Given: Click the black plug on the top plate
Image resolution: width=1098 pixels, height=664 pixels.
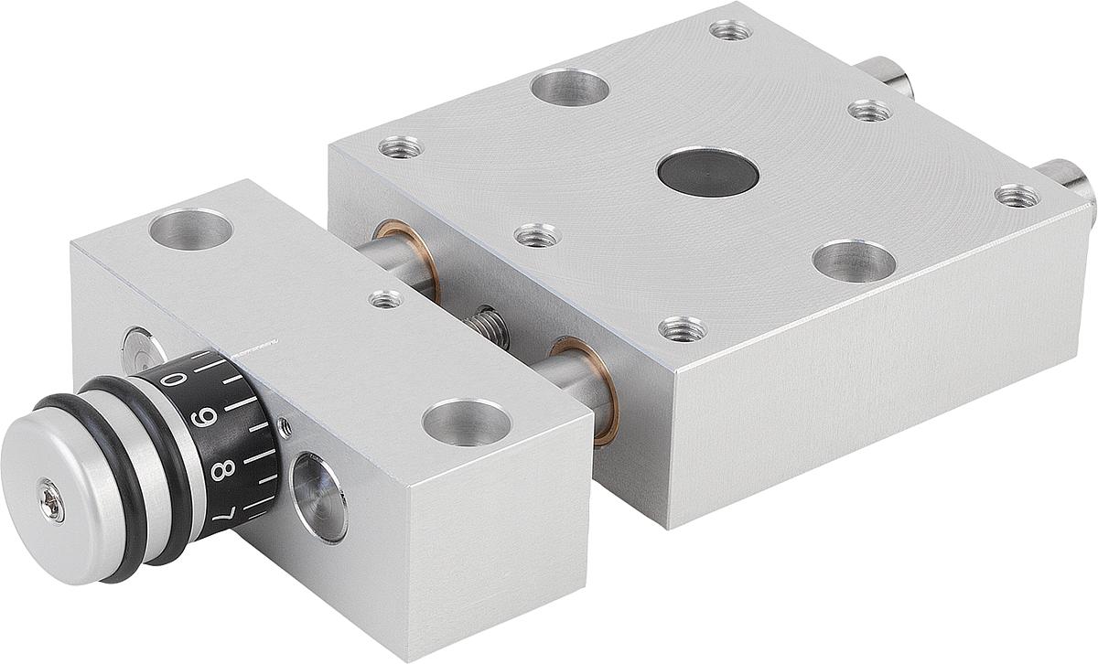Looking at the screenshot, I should [x=707, y=173].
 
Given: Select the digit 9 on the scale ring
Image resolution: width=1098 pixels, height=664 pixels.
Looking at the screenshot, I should [x=208, y=420].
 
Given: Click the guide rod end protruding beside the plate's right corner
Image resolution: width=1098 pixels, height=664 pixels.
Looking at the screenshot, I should [x=1071, y=178].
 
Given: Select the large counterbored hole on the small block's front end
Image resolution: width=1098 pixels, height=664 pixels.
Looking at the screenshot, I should [x=466, y=423].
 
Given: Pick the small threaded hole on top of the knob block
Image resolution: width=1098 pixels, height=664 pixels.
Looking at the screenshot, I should [x=385, y=298].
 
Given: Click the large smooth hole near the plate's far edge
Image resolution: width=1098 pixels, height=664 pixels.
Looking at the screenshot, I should [x=570, y=87].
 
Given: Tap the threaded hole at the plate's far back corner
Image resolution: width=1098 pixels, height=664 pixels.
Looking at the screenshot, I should [x=730, y=30].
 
